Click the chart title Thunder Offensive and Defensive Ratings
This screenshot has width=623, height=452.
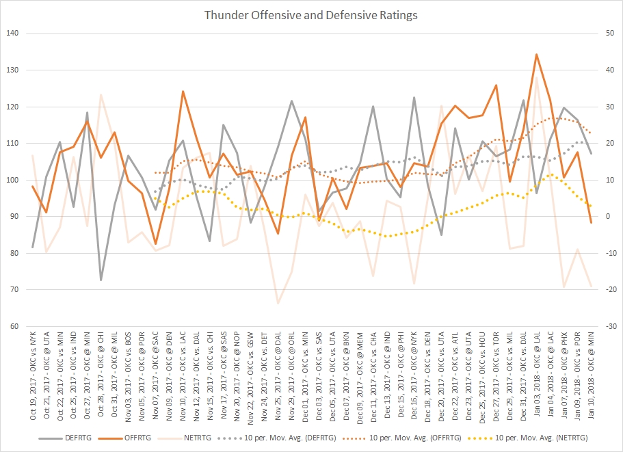[311, 14]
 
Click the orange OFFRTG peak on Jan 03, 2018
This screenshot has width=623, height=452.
[536, 54]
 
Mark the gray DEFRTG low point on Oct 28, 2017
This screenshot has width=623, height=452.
[101, 280]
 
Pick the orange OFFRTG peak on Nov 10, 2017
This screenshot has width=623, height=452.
[183, 91]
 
